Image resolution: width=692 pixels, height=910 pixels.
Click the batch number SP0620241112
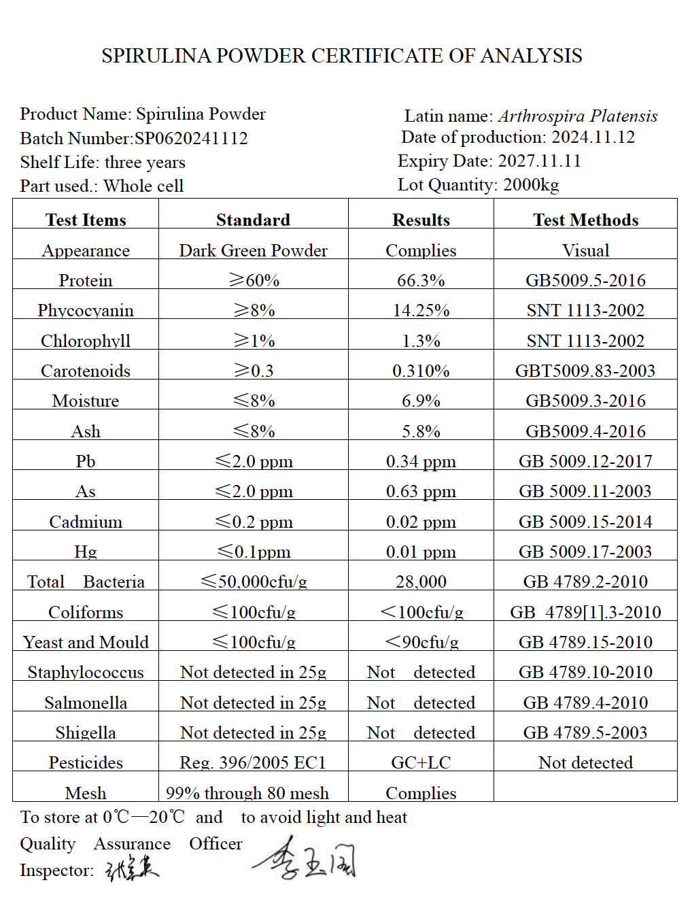pos(191,139)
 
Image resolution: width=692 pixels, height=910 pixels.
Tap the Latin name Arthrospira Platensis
pos(578,116)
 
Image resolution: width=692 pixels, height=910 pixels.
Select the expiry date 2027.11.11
pos(539,161)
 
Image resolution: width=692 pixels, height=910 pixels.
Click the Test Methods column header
pos(585,220)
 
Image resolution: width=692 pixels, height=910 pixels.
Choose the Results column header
pos(421,220)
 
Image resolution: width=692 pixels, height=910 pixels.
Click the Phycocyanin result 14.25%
pos(421,311)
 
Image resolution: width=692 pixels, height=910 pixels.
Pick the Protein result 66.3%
pos(421,281)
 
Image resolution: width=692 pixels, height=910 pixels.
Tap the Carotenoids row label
pos(86,371)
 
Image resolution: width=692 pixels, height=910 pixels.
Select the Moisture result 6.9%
pos(421,401)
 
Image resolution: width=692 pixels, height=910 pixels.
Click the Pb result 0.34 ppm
pos(421,462)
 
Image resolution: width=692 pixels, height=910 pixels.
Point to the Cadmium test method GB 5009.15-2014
pos(585,522)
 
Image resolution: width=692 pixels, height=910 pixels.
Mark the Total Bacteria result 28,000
pos(421,582)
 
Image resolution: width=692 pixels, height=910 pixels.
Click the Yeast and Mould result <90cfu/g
pos(421,643)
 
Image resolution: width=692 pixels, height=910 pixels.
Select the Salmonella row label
pos(86,703)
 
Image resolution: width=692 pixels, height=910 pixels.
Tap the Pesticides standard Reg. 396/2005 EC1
pos(253,763)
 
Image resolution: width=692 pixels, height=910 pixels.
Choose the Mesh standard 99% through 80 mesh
pos(247,794)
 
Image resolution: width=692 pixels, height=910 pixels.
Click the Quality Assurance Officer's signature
pos(305,859)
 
